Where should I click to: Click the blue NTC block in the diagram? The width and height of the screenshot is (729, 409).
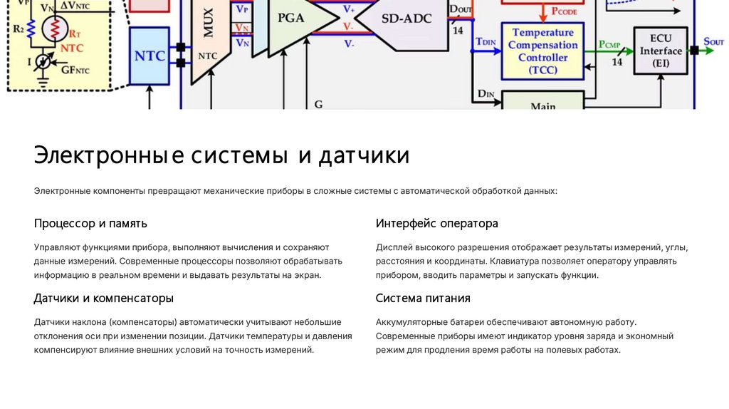coord(151,55)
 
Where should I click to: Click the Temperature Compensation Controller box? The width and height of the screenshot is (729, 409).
coord(542,51)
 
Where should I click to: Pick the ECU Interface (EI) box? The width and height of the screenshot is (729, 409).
coord(660,51)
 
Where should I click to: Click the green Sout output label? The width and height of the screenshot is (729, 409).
coord(713,41)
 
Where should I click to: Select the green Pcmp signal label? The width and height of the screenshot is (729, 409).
coord(609,45)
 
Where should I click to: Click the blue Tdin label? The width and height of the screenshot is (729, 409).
coord(486,41)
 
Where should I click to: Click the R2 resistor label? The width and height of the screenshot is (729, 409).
coord(18,30)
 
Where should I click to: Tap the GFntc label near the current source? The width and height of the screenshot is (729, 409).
coord(75,70)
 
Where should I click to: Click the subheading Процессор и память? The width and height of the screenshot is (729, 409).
coord(90,224)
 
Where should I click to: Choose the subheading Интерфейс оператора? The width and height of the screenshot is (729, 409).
coord(436,224)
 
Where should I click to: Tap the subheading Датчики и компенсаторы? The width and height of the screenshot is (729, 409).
coord(103,298)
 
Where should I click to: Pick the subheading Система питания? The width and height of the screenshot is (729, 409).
coord(423,298)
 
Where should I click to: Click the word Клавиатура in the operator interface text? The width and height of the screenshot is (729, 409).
coord(515,262)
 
